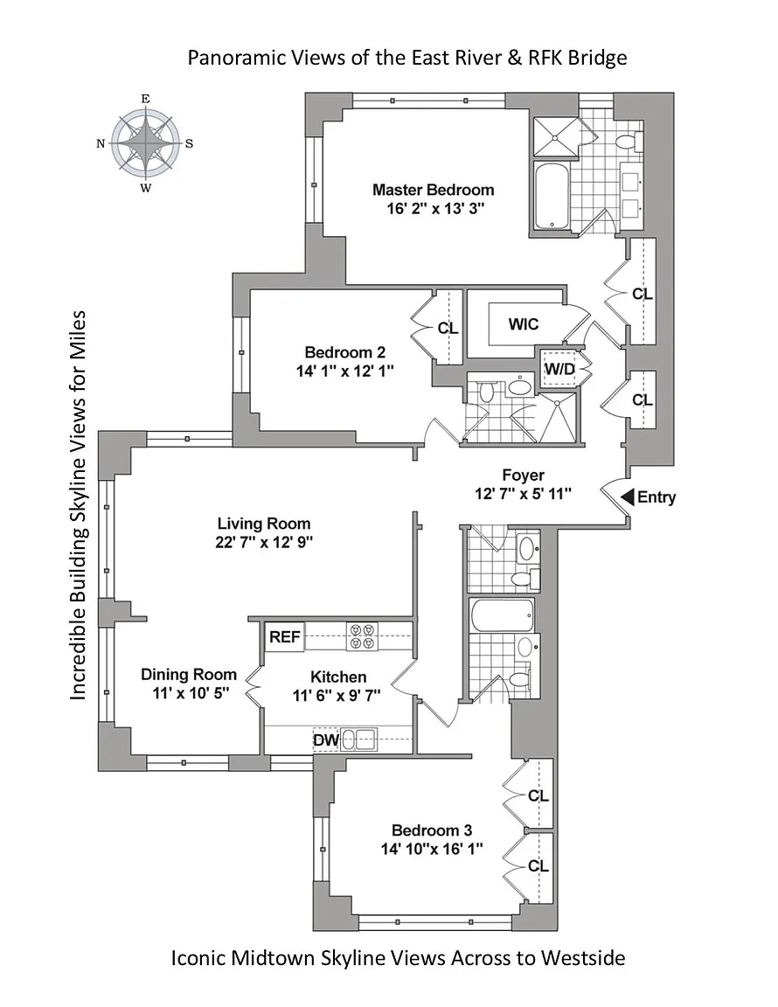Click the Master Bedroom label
pos(433,190)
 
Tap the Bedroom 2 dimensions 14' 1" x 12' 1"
pos(344,372)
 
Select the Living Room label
pos(263,524)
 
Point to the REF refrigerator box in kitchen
pos(285,636)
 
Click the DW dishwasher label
pos(326,740)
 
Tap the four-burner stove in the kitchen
pos(361,635)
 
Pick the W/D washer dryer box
pos(559,369)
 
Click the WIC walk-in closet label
pos(523,324)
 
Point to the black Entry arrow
pos(628,497)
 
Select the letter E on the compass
pos(146,98)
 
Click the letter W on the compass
pos(146,188)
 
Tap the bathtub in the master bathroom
pos(552,194)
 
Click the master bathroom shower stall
pos(555,136)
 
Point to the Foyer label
pos(523,476)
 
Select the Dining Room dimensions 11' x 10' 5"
pos(191,693)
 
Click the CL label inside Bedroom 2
pos(448,329)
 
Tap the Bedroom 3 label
pos(432,830)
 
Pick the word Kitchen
pos(338,677)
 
